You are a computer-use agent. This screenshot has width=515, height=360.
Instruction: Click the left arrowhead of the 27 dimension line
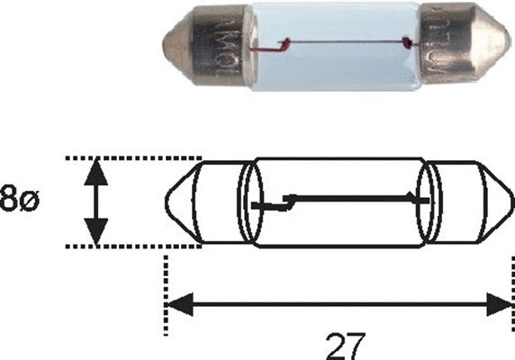coord(180,303)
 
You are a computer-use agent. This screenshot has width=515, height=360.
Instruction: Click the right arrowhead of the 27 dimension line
coord(497,303)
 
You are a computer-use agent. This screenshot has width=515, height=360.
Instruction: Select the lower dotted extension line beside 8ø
coord(135,245)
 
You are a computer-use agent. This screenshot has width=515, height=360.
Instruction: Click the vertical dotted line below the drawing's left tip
coord(166,279)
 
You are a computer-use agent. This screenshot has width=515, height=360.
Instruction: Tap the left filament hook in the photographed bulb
coord(285,42)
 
